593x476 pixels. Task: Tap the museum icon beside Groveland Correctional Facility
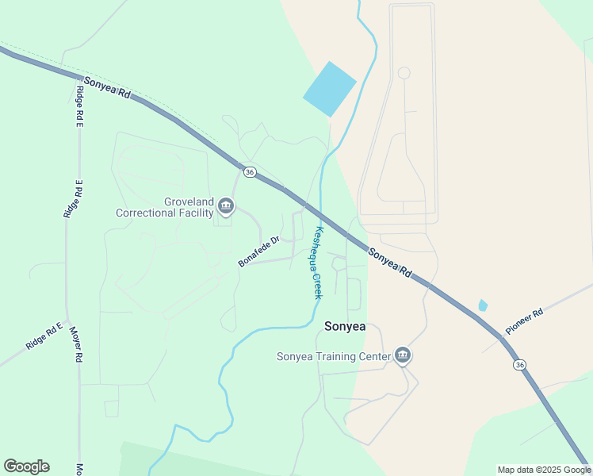click(226, 208)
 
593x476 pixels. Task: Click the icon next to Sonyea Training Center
click(403, 356)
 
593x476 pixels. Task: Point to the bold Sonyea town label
click(345, 326)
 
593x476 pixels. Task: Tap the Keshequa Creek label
click(318, 263)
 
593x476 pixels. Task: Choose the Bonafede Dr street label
click(259, 251)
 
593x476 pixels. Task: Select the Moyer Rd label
click(77, 344)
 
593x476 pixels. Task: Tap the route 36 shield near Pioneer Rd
click(519, 364)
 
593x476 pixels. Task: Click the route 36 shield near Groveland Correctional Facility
click(250, 172)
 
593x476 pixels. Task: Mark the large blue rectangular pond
click(329, 90)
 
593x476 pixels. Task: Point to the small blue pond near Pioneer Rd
click(483, 305)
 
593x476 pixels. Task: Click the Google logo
click(26, 466)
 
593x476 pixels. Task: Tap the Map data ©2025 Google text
click(544, 470)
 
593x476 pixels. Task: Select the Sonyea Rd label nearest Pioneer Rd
click(390, 261)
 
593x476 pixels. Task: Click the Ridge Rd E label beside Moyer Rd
click(44, 336)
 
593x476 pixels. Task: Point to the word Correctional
click(165, 213)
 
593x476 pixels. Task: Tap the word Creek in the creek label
click(318, 281)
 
